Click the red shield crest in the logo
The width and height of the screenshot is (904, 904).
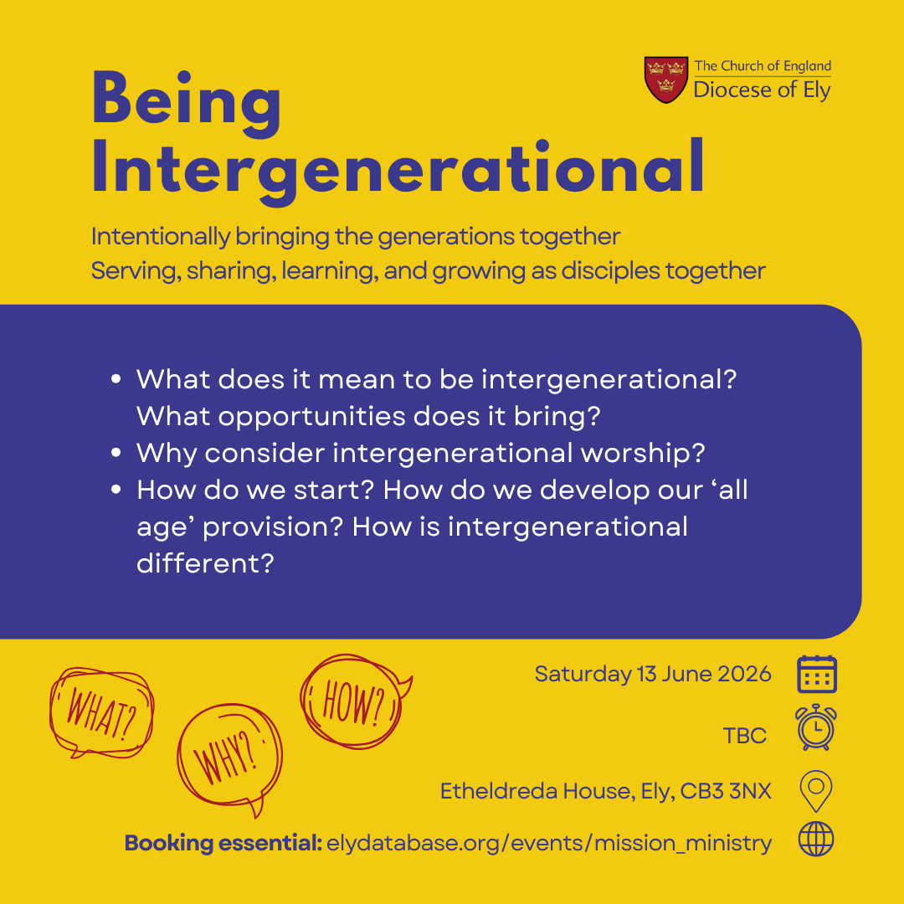[x=666, y=80]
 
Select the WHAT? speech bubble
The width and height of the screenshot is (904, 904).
[x=102, y=712]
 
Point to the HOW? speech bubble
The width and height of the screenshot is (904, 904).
[x=355, y=701]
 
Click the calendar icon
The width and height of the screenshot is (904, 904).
[x=816, y=674]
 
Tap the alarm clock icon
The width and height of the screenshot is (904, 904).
[x=816, y=727]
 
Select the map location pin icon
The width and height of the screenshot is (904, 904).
[x=816, y=791]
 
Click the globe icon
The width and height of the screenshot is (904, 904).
[x=816, y=839]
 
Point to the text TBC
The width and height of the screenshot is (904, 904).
[x=744, y=736]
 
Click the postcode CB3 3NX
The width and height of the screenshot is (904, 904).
[x=725, y=791]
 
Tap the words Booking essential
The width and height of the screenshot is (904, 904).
[x=223, y=843]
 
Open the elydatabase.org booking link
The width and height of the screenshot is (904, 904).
[x=549, y=844]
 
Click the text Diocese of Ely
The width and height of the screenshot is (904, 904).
[x=762, y=90]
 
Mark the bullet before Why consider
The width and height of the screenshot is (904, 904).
[x=116, y=453]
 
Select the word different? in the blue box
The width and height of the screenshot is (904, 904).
[x=205, y=563]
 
